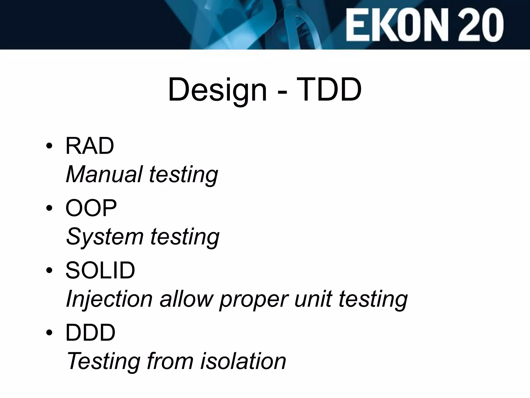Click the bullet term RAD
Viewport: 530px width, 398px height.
pyautogui.click(x=90, y=146)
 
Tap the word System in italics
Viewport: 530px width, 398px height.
pyautogui.click(x=105, y=237)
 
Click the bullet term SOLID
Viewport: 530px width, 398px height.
pyautogui.click(x=100, y=270)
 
